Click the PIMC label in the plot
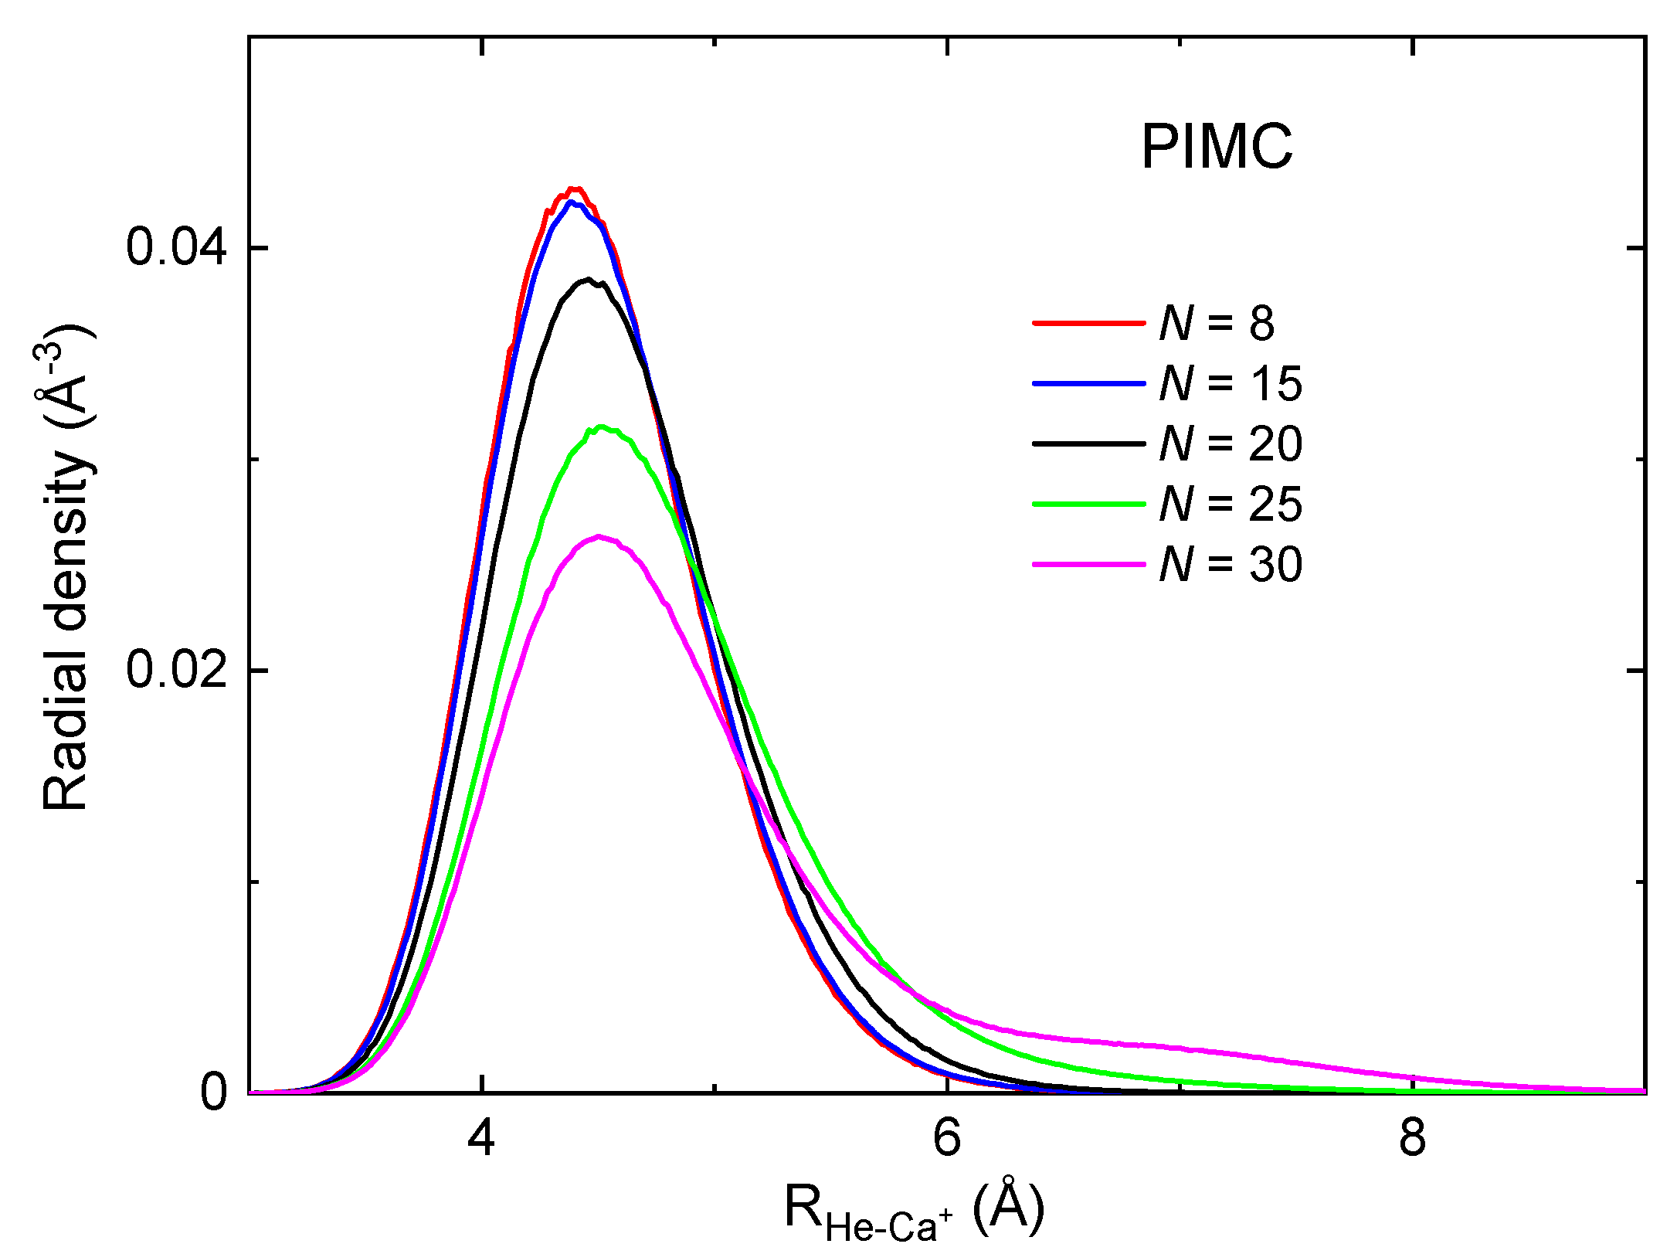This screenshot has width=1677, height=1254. (1217, 147)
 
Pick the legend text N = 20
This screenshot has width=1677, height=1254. (1231, 443)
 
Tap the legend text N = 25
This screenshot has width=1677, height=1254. (1231, 504)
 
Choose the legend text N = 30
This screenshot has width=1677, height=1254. (1231, 564)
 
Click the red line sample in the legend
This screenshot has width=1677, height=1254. (1088, 322)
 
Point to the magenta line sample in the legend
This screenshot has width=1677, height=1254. (1088, 564)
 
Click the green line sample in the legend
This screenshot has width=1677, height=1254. (1088, 504)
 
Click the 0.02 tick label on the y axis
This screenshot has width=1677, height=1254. (176, 669)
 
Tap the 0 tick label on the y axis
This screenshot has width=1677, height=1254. (213, 1092)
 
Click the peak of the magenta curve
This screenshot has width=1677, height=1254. (599, 536)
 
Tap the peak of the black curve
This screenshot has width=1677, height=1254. (589, 279)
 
